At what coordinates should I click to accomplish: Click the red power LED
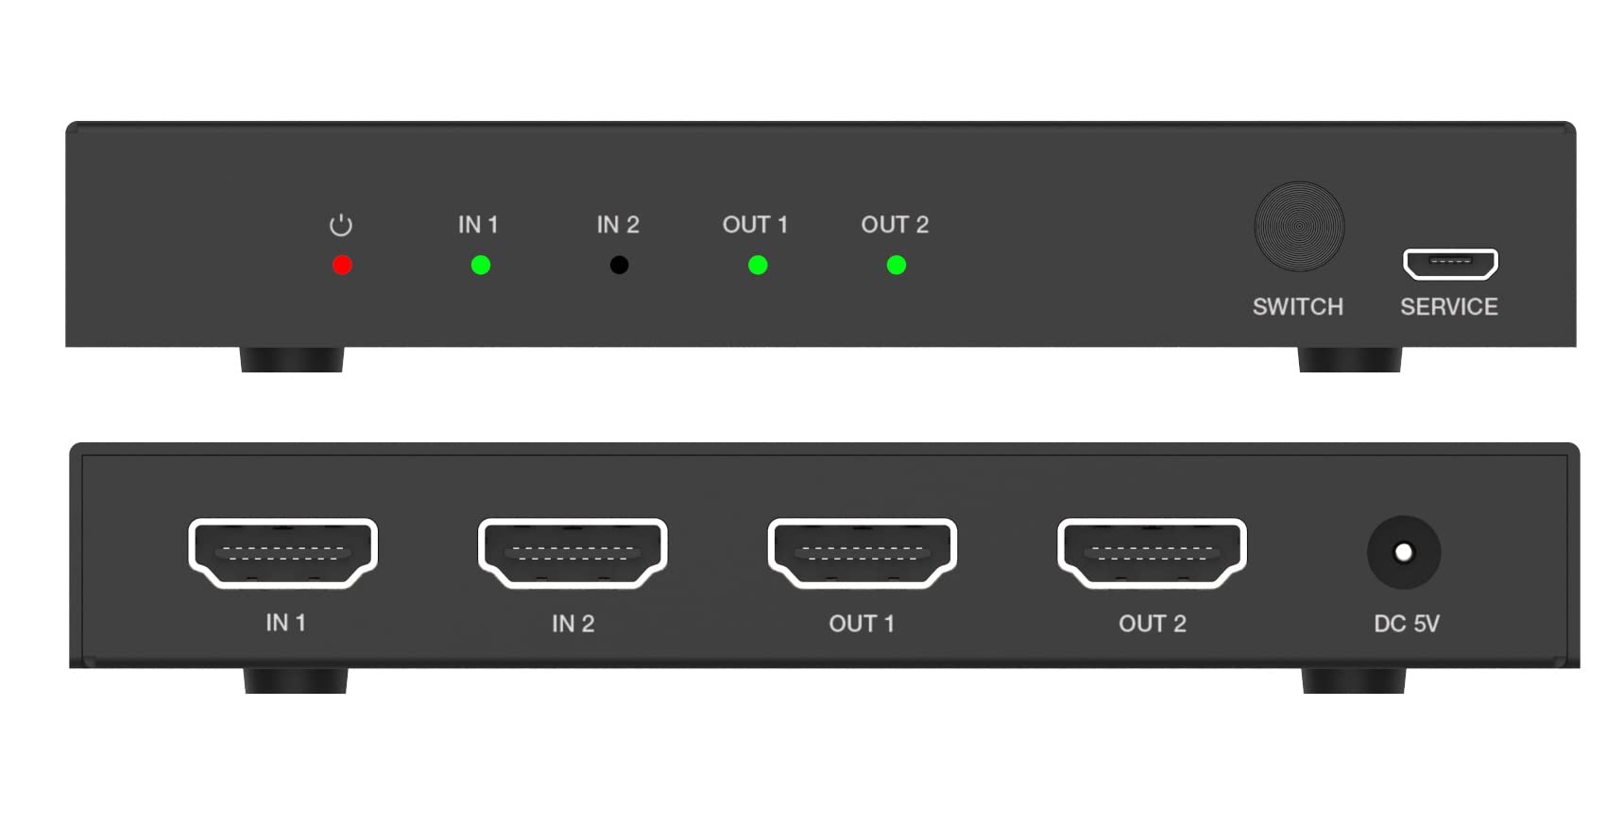pos(342,266)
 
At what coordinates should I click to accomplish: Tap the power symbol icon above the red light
pos(341,225)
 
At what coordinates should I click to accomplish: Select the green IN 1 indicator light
pos(481,266)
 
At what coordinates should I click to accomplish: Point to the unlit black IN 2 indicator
pos(619,266)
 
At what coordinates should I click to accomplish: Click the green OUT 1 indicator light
pos(758,266)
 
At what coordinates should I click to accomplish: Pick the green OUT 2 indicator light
pos(897,266)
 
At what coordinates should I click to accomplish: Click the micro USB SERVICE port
pos(1450,264)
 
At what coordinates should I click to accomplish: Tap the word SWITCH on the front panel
pos(1297,307)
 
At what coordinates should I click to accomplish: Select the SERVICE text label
pos(1448,307)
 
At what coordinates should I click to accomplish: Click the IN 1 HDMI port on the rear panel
pos(283,553)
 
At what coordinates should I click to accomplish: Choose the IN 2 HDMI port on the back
pos(573,553)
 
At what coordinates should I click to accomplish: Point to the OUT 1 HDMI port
pos(863,553)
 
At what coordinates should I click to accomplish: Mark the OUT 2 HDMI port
pos(1152,553)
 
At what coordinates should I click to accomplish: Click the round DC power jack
pos(1404,552)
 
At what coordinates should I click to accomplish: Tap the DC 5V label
pos(1407,624)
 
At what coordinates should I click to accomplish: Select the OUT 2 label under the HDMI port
pos(1152,624)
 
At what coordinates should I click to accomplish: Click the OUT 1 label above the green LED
pos(755,225)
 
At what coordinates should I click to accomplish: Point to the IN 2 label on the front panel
pos(618,225)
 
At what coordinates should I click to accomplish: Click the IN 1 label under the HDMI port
pos(285,623)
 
